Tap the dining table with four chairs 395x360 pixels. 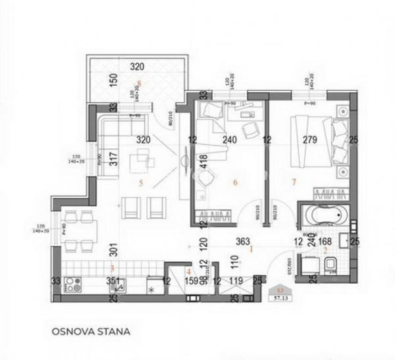(x=80, y=231)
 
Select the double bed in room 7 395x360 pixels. (x=314, y=140)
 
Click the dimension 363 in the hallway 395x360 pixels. (x=251, y=242)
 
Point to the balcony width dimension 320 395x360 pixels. (x=138, y=67)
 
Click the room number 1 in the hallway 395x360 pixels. (x=251, y=249)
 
